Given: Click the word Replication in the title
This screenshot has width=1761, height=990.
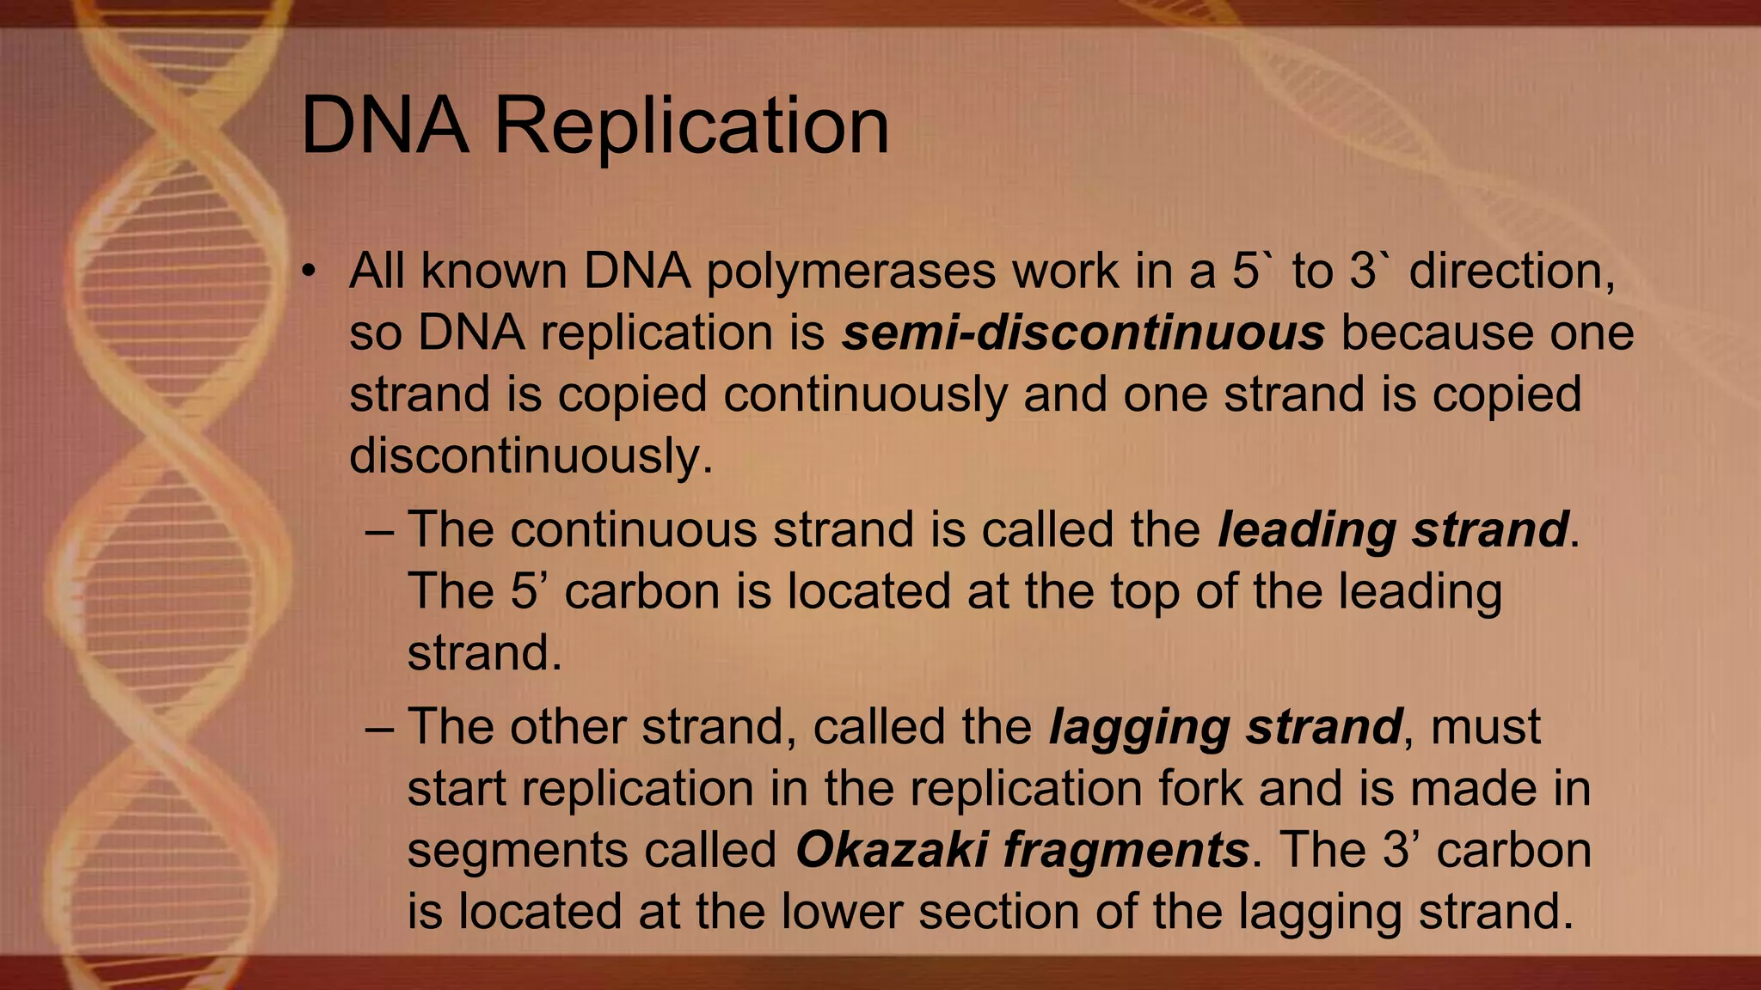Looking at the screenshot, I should coord(691,127).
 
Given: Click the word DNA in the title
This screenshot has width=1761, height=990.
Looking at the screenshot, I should coord(385,127).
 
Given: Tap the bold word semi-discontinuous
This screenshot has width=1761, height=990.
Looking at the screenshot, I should coord(1083,333).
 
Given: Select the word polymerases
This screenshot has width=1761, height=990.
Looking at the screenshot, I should coord(850,272).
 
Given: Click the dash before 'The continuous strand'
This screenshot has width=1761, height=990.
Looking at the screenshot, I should coord(378,529).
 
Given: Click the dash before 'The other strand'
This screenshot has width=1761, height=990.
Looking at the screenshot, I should coord(378,727).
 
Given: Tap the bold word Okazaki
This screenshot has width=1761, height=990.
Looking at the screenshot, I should coord(891,850).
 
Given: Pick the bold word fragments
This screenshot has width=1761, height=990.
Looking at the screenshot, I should coord(1126,852).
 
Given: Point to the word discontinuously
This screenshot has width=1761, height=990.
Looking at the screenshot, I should coord(531,455).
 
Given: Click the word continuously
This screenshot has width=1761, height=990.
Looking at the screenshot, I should coord(865,395).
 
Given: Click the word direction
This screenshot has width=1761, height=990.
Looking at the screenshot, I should coord(1512,272).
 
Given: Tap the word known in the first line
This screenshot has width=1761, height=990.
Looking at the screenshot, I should coord(494,272).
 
